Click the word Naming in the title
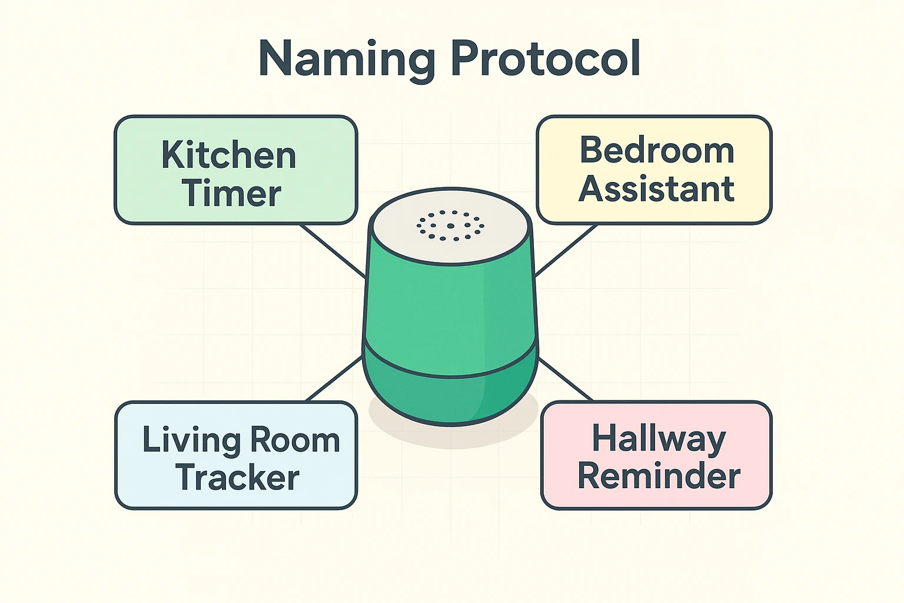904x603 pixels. tap(347, 59)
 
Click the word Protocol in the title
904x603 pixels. tap(546, 58)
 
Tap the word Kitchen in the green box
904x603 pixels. tap(228, 155)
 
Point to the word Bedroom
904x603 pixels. tap(657, 150)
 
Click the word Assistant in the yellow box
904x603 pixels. tap(656, 189)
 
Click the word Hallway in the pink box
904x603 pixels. tap(659, 439)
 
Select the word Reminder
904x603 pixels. tap(659, 476)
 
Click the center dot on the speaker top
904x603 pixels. tap(450, 226)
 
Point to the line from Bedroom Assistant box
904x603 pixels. tap(566, 250)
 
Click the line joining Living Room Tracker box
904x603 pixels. tap(334, 379)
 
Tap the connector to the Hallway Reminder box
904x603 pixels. tap(566, 379)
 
